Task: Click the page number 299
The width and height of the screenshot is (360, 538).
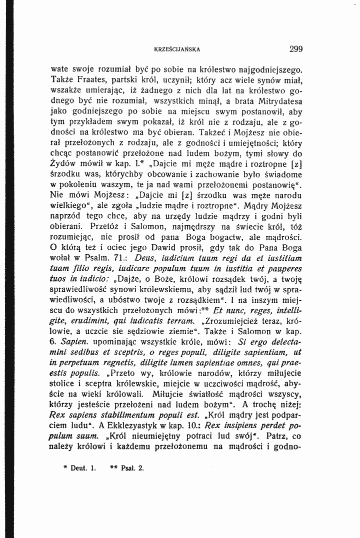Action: coord(296,49)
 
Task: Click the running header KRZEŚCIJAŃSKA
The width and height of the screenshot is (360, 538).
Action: coord(177,49)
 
